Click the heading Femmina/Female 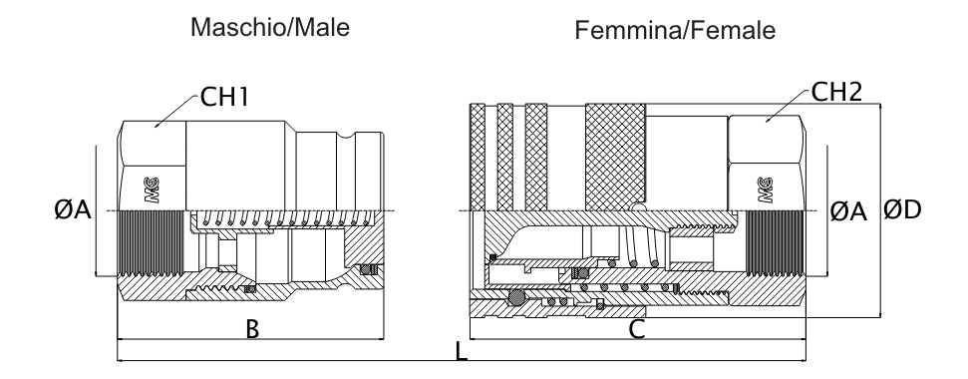(675, 32)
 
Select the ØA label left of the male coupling (73, 210)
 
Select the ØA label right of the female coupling (848, 210)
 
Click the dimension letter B (253, 329)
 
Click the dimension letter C (636, 329)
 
